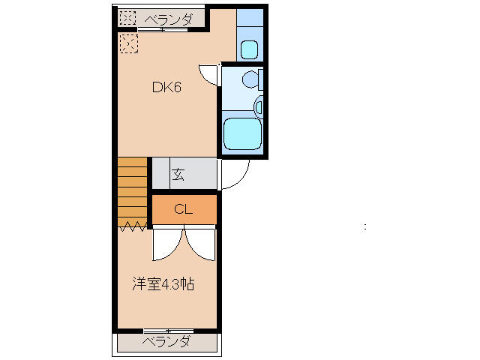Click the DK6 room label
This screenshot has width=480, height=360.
[166, 88]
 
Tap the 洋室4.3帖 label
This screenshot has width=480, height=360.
[163, 284]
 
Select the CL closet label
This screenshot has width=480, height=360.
[183, 209]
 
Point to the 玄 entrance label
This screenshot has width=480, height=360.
[178, 175]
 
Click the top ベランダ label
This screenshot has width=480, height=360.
[168, 20]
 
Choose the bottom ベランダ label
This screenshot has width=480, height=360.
[167, 341]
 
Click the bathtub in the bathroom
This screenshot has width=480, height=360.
[242, 133]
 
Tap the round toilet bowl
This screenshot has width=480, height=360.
[250, 79]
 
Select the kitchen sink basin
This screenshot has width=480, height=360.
[249, 49]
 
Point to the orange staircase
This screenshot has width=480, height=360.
[132, 192]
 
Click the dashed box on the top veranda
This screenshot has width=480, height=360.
[127, 18]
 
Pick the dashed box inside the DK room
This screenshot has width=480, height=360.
[129, 43]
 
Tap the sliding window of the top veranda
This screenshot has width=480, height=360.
[162, 29]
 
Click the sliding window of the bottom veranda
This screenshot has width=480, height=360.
[168, 331]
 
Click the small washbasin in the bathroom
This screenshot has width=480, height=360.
[259, 106]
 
